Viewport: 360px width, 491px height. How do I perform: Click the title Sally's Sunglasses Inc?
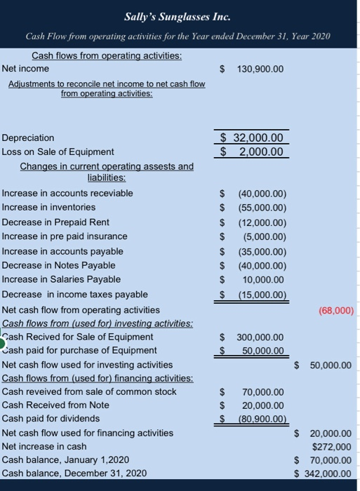coord(180,15)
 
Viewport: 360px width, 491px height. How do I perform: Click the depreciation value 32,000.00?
coord(257,138)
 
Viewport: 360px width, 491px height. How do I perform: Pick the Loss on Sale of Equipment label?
coord(58,152)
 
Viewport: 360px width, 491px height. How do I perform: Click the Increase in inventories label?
coord(49,207)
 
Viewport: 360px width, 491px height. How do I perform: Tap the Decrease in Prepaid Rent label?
coord(55,222)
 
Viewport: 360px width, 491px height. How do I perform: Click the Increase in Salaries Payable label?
coord(61,279)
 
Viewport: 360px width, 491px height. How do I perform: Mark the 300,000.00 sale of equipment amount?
coord(260,337)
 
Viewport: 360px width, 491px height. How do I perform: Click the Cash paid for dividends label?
coord(51,419)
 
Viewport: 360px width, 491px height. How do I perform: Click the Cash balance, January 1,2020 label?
coord(66,459)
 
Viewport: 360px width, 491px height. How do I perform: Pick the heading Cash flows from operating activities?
coord(107,55)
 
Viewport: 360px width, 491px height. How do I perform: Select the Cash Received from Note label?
coord(56,405)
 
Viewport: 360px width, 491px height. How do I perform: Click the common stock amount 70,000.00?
coord(263,391)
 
